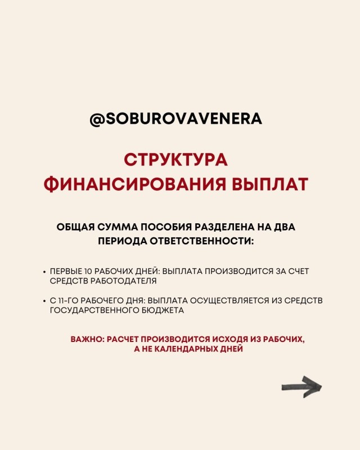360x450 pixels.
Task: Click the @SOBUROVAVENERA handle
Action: pyautogui.click(x=175, y=120)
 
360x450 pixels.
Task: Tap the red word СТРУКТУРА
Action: pyautogui.click(x=175, y=159)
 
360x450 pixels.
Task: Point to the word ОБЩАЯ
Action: pyautogui.click(x=76, y=228)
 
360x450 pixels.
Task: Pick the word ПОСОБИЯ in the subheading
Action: pyautogui.click(x=160, y=228)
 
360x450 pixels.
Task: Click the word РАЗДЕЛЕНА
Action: pyautogui.click(x=223, y=228)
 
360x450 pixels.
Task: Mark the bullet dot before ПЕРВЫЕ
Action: pyautogui.click(x=44, y=272)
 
